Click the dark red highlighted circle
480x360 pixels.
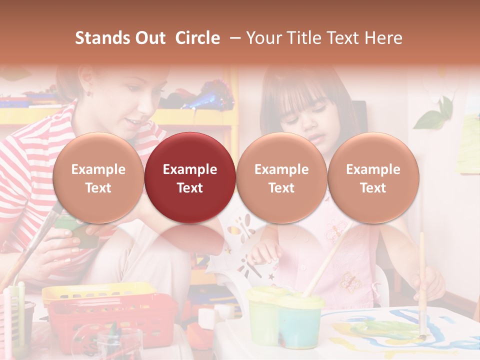pyautogui.click(x=189, y=178)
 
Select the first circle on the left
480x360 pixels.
pyautogui.click(x=98, y=178)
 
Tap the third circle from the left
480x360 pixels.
pyautogui.click(x=281, y=178)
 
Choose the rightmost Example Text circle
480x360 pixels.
pyautogui.click(x=373, y=178)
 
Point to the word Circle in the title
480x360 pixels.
pyautogui.click(x=197, y=38)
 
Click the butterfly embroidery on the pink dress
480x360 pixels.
pyautogui.click(x=350, y=282)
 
